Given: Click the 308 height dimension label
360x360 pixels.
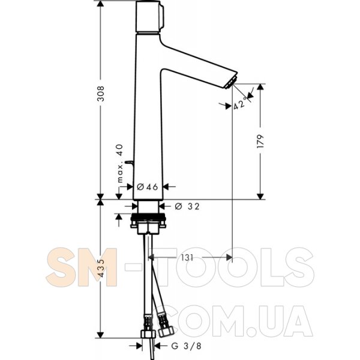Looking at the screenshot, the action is click(101, 94).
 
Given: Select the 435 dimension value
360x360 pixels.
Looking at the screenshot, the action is click(101, 268).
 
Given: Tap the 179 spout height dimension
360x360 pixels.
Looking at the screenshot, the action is click(260, 141).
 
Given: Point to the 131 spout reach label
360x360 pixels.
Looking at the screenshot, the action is click(187, 257).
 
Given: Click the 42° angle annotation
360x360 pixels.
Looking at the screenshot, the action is click(240, 104).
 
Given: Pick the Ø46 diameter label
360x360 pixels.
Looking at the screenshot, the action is click(148, 187).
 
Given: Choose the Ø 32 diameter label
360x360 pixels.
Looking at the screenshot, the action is click(187, 206).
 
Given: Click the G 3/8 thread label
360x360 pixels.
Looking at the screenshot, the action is click(186, 346).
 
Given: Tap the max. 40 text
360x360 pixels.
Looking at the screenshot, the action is click(120, 163).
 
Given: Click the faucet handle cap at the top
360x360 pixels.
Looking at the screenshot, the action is click(149, 17).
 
